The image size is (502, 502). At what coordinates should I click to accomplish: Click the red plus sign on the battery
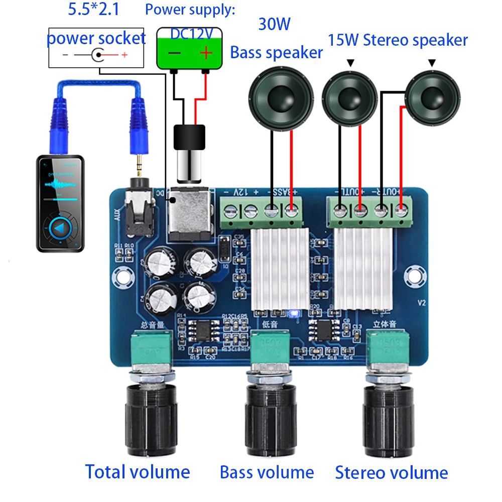[x=206, y=53]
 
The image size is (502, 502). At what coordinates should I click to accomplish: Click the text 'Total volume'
[x=138, y=472]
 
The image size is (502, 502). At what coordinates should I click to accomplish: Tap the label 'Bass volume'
[x=267, y=472]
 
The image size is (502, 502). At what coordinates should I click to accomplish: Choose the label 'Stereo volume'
[x=392, y=472]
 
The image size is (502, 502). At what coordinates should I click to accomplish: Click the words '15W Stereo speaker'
[x=398, y=40]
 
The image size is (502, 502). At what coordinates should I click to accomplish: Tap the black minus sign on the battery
[x=174, y=53]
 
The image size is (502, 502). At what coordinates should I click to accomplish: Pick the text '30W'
[x=274, y=24]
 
